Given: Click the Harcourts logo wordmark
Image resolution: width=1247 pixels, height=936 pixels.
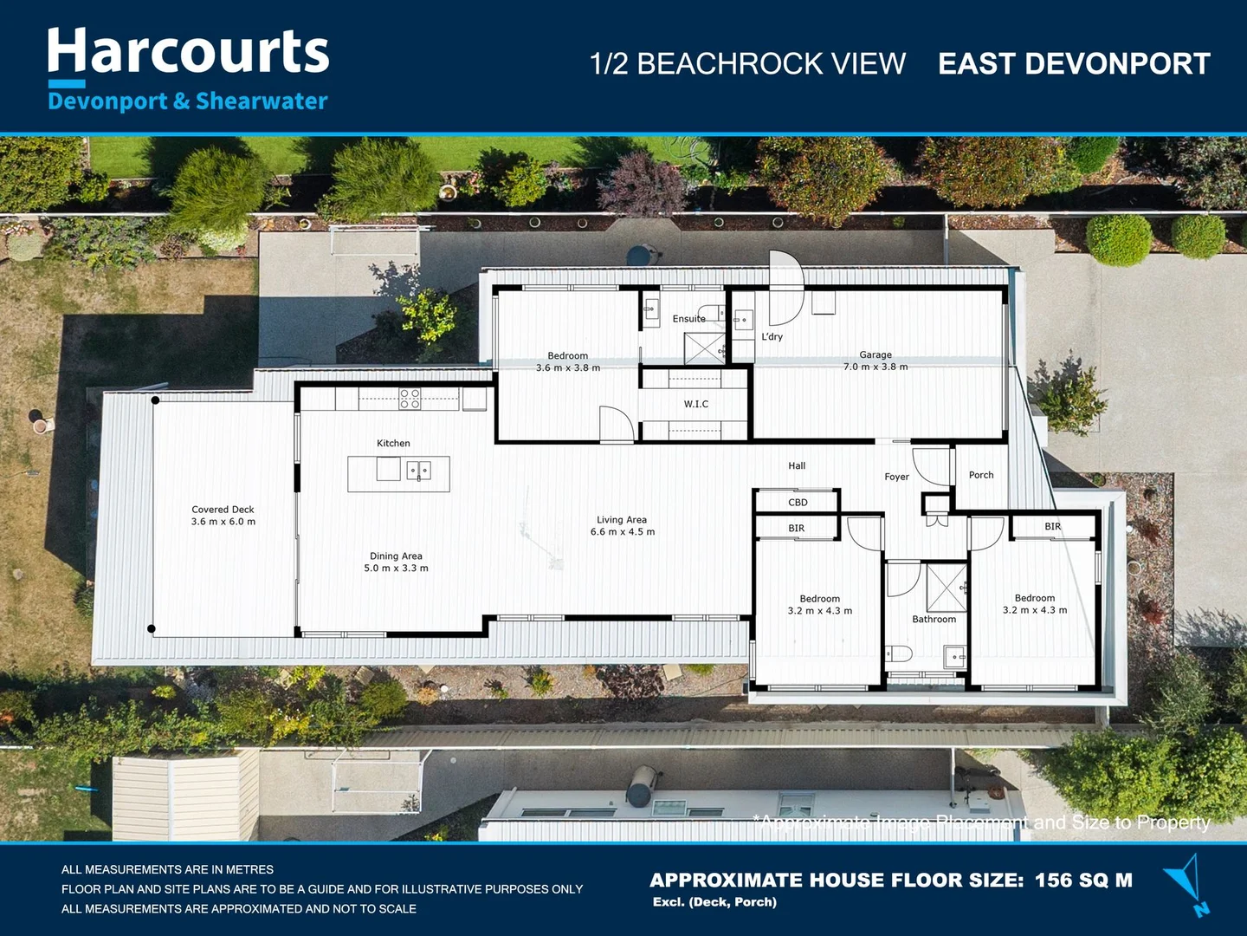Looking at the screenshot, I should pos(188,52).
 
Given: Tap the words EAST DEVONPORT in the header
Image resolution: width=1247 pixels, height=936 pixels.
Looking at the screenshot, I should pos(1074,64).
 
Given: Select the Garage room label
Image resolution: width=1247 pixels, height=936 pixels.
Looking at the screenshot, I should pos(875,354).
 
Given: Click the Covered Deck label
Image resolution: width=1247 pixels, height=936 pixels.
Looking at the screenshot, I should pos(223,510).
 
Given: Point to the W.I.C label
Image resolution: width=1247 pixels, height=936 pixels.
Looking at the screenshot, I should pos(695,404).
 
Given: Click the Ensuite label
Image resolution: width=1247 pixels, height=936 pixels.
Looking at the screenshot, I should pos(688,319).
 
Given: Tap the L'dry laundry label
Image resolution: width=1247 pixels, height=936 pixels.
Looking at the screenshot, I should pos(772,336).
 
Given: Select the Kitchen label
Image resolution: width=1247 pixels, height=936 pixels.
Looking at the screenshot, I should pos(393,443).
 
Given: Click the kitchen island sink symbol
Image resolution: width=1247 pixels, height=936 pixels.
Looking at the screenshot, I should pos(418,471).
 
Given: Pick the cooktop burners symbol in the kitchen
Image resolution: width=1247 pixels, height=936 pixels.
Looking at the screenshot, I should pos(410,399).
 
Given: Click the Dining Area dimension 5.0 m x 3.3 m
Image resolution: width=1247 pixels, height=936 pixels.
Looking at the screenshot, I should pos(396,569).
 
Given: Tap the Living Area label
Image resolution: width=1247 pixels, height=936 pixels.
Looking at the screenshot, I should pos(622,520).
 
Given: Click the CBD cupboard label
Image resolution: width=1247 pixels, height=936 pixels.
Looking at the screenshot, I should pos(798,503).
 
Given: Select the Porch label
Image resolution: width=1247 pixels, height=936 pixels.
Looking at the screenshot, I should pos(981,475).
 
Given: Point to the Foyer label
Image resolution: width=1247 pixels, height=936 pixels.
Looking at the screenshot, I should pos(896,477).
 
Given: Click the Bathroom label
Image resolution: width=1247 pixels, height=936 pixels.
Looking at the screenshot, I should pos(934,619).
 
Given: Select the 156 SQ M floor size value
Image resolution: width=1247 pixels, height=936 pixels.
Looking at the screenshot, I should pos(1083,881).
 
